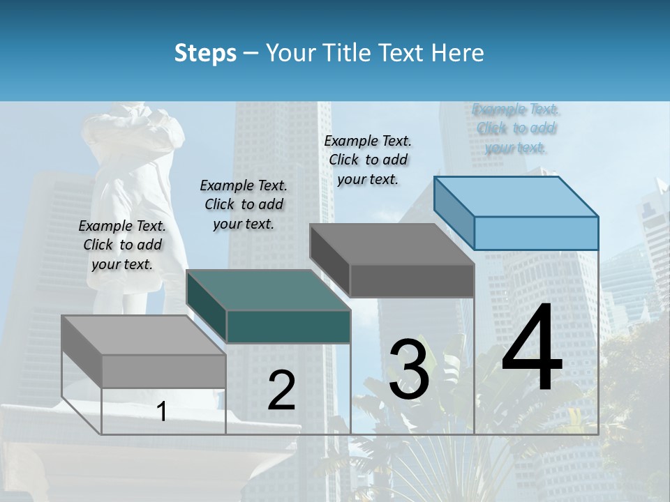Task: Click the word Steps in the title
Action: click(205, 53)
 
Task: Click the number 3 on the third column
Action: click(409, 370)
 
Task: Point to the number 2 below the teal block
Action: click(281, 390)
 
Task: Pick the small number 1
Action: click(162, 411)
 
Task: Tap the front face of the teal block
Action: click(288, 326)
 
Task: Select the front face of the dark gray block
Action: click(412, 280)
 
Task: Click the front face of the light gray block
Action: click(163, 371)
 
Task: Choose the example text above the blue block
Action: click(516, 128)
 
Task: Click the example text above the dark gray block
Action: click(368, 160)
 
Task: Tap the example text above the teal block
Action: click(244, 204)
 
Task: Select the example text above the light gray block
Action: click(122, 245)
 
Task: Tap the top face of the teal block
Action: click(269, 290)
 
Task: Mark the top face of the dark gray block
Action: click(392, 245)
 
